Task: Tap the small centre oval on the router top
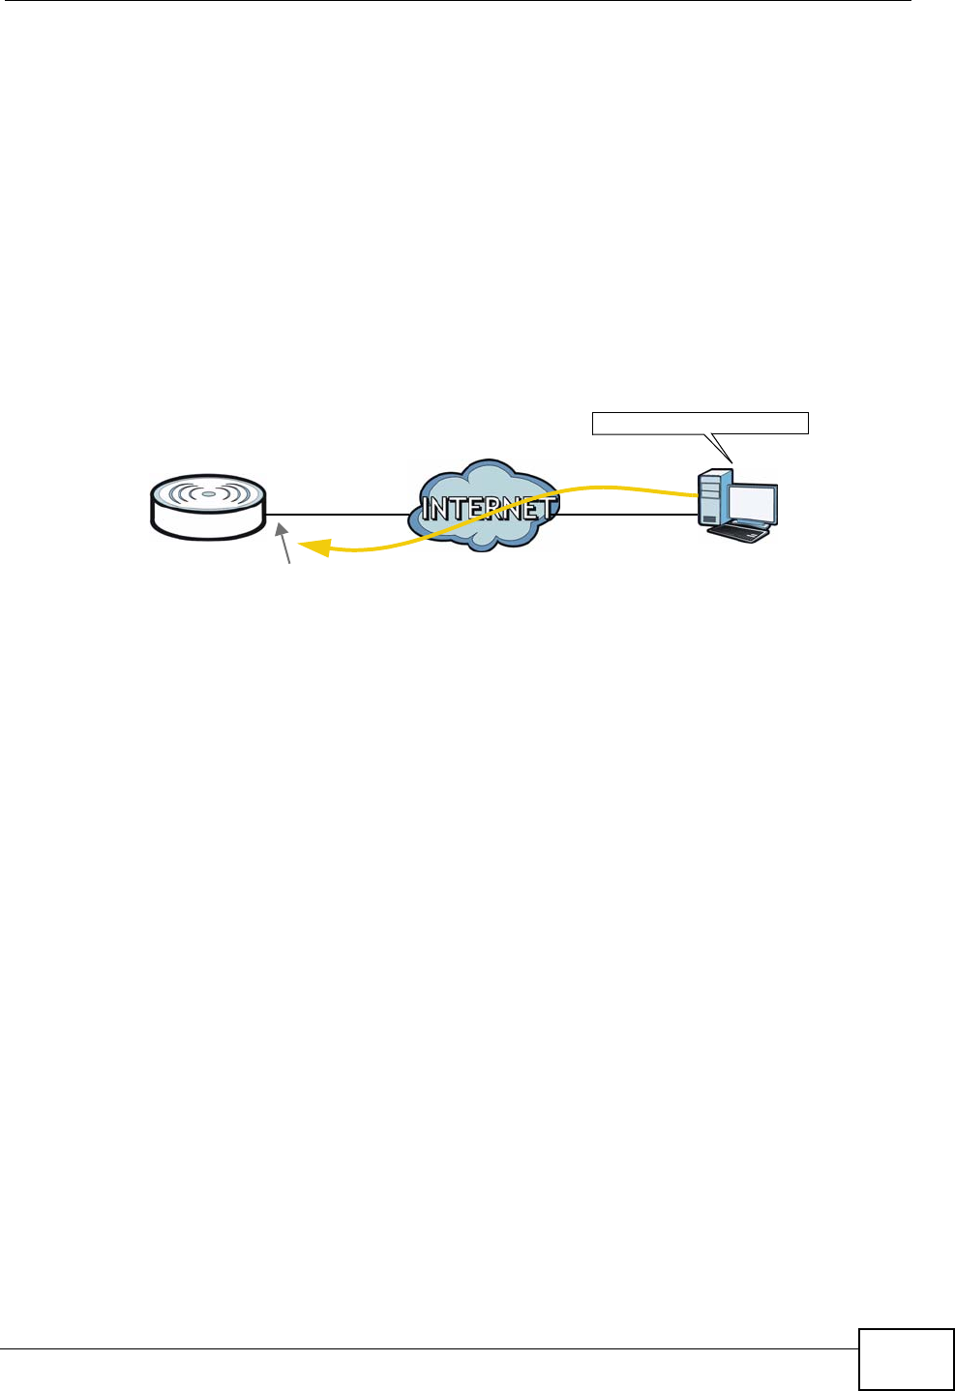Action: pyautogui.click(x=208, y=494)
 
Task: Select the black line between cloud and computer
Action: pyautogui.click(x=628, y=514)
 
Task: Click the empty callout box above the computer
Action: pyautogui.click(x=700, y=423)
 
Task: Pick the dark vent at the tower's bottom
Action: pyautogui.click(x=710, y=519)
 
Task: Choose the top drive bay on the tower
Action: pyautogui.click(x=710, y=480)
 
